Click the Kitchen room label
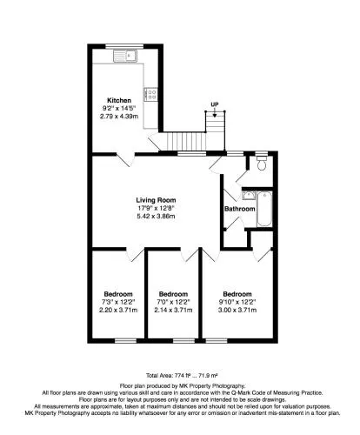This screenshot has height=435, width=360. click(x=119, y=101)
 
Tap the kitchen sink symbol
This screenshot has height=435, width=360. click(x=125, y=56)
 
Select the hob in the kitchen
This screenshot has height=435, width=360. click(x=150, y=94)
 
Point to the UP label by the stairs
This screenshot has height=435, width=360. click(x=215, y=104)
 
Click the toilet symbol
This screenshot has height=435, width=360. click(x=262, y=164)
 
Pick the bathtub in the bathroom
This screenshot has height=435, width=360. click(x=264, y=209)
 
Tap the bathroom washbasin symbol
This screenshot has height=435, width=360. click(x=249, y=195)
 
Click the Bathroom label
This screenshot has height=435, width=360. click(x=240, y=209)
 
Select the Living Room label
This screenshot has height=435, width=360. click(x=156, y=200)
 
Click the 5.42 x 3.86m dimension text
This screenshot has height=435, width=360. click(x=156, y=216)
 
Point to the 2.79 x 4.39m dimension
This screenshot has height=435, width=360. click(x=119, y=117)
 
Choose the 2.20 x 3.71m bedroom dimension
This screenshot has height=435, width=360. click(x=118, y=310)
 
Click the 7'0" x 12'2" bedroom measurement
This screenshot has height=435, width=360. click(x=173, y=302)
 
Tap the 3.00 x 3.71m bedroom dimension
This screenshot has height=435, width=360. click(x=237, y=310)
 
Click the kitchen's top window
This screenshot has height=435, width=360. click(x=124, y=46)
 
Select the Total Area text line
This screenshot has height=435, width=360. click(x=182, y=376)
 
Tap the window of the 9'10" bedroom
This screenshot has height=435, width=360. click(x=217, y=341)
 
